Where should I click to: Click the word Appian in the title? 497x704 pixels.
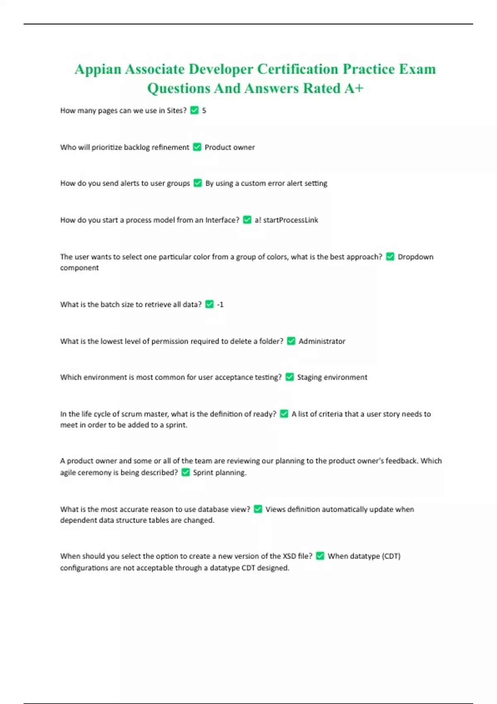coord(98,69)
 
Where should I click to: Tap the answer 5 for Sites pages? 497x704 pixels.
coord(204,111)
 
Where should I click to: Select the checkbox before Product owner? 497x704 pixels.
coord(197,147)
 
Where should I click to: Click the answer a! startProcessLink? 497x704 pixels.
coord(286,220)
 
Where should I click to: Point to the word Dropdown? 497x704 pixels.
coord(415,257)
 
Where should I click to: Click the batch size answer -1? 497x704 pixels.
coord(220,304)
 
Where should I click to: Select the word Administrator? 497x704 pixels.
coord(322,341)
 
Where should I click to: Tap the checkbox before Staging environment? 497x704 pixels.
coord(290,377)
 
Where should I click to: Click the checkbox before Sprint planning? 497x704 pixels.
coord(186,473)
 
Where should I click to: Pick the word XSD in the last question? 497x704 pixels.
coord(289,556)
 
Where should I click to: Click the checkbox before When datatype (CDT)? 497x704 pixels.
coord(320,556)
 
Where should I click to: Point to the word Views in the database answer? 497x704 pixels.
coord(275,509)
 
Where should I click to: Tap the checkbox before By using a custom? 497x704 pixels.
coord(198,183)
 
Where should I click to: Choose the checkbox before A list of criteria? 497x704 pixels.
coord(284,414)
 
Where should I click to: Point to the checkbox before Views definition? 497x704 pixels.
coord(258,509)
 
